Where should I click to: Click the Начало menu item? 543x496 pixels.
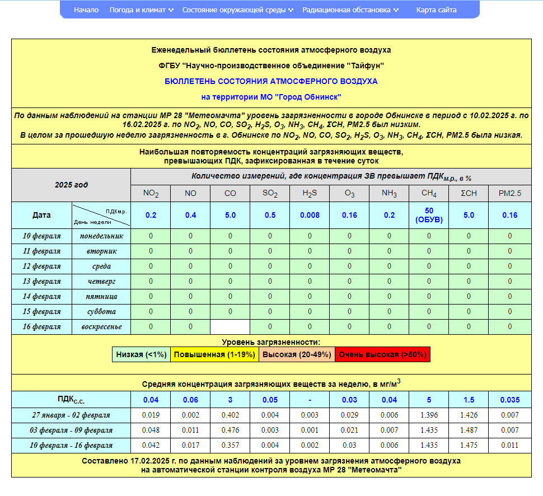click(x=86, y=10)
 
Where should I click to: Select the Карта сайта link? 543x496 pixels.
click(x=436, y=10)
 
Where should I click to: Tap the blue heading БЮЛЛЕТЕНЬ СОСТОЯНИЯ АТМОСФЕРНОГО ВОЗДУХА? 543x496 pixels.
click(x=271, y=81)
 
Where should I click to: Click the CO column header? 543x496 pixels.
click(x=230, y=194)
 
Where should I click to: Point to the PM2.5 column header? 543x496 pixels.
click(x=509, y=194)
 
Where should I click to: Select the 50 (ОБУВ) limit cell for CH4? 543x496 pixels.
click(x=429, y=215)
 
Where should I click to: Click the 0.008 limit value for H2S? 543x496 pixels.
click(x=310, y=215)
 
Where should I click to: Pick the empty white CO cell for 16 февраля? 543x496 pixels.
click(x=230, y=326)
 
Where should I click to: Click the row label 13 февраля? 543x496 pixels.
click(x=41, y=281)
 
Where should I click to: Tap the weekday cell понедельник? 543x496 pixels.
click(x=101, y=236)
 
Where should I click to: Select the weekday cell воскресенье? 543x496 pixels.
click(x=101, y=326)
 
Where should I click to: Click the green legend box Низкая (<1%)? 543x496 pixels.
click(x=141, y=354)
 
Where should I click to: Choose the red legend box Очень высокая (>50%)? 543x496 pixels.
click(x=382, y=354)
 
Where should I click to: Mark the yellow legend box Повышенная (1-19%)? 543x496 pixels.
click(x=214, y=354)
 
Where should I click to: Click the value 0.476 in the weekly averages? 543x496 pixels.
click(x=230, y=430)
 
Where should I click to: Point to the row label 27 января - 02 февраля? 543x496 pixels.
click(x=71, y=415)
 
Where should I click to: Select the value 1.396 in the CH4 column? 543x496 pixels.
click(x=429, y=415)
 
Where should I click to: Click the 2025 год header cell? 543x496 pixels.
click(x=71, y=185)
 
